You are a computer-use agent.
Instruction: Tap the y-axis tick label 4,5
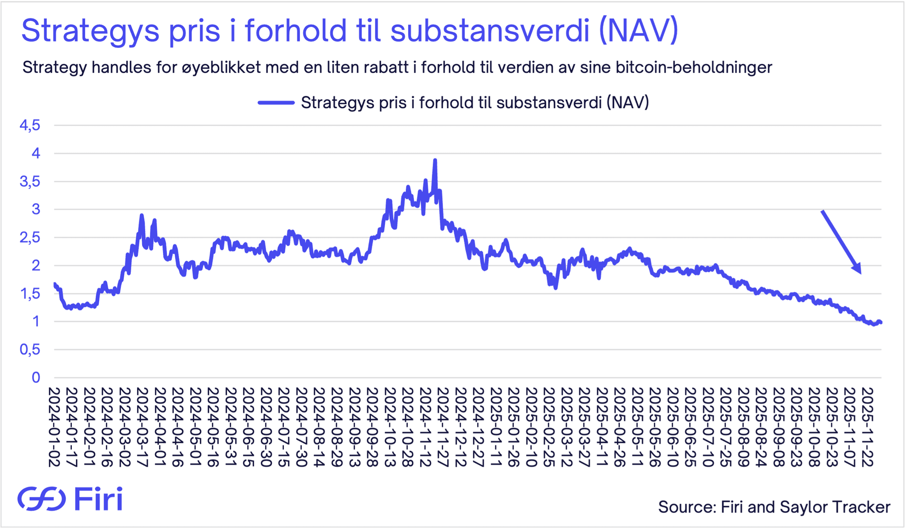[30, 126]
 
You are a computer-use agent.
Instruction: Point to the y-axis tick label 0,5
[30, 350]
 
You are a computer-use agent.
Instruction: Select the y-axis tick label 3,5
[30, 182]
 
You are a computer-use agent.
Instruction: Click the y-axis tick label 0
[36, 378]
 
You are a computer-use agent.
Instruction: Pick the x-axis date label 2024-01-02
[54, 427]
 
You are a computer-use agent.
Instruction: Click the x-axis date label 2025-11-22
[867, 427]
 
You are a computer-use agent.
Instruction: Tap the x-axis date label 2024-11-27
[443, 427]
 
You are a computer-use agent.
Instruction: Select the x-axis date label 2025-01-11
[496, 427]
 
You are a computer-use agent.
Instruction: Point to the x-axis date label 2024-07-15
[283, 427]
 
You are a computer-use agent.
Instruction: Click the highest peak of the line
[435, 160]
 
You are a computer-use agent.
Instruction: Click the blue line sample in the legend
[276, 102]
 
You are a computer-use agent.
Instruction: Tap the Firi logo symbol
[42, 499]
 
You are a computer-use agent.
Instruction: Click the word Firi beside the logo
[98, 499]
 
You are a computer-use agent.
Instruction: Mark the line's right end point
[881, 323]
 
